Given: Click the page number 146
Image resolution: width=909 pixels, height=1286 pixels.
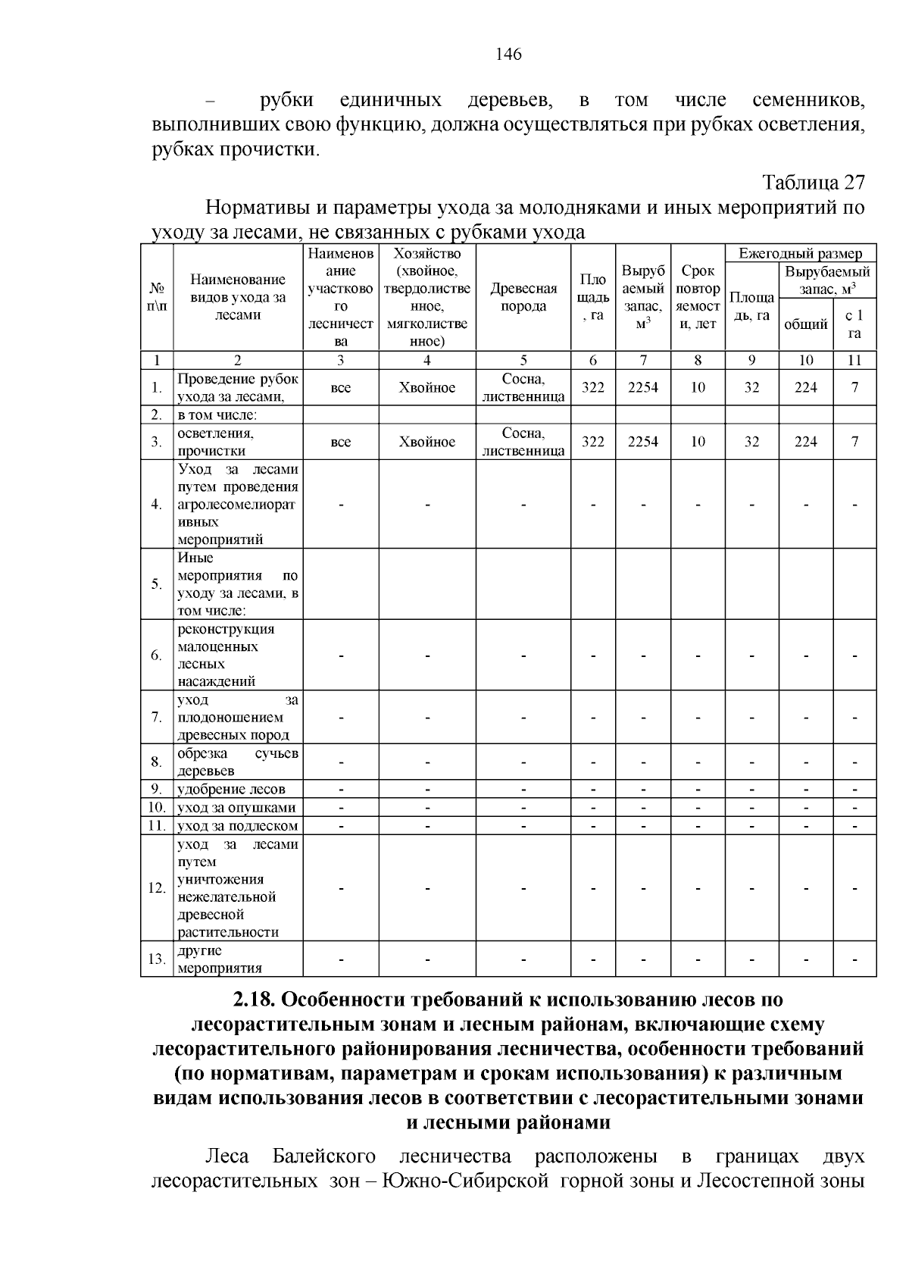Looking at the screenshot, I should pos(508,54).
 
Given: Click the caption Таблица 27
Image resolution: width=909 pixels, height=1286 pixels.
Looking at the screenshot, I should pos(813,183).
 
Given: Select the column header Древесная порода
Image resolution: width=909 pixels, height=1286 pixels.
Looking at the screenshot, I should pos(523,297).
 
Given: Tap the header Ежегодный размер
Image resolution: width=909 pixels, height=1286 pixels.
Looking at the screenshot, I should pos(801,254).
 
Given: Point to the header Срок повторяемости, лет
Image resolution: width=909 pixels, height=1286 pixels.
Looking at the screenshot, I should pos(698,297).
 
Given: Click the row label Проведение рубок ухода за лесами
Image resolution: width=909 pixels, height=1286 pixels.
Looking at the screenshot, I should pos(238,387).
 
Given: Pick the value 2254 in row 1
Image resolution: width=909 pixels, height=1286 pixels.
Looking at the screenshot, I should pos(642,387).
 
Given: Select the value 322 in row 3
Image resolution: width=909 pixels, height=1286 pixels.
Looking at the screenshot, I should pos(592,442).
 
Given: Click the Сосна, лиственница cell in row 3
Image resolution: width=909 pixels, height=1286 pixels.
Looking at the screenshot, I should pos(523,442).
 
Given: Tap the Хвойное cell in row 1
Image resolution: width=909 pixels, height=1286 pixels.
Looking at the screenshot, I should pos(427,387).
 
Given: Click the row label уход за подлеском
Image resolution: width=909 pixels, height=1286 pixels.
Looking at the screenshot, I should pos(237,825).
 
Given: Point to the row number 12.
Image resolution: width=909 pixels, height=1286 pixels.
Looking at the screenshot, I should pos(157,887).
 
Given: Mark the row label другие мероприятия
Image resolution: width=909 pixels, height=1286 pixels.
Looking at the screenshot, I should pos(220,959).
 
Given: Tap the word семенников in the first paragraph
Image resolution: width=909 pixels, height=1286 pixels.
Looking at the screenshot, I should pos(808,100).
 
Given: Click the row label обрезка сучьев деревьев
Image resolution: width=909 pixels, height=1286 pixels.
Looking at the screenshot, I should pos(238,762).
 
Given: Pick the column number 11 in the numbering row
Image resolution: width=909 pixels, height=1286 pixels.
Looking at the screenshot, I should pos(854,360).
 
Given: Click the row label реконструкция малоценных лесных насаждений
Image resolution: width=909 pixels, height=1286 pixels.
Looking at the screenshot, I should pos(226,655).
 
